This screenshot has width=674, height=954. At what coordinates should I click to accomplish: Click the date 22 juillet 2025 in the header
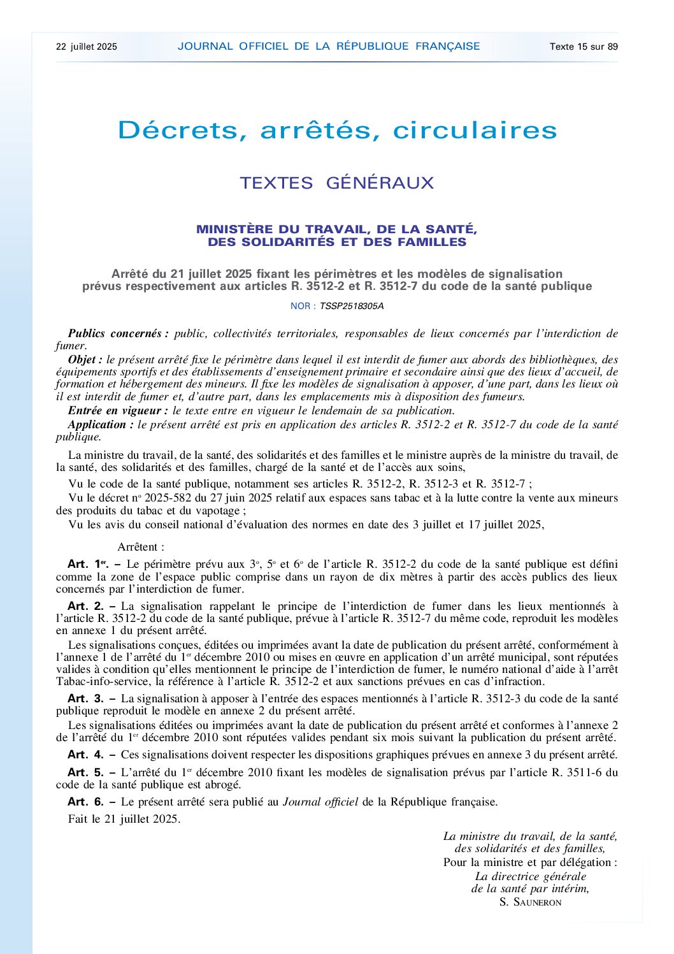pos(87,47)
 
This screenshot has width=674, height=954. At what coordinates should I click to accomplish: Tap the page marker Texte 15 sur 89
pos(584,47)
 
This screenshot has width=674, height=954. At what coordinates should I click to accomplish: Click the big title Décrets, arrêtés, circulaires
pos(337,130)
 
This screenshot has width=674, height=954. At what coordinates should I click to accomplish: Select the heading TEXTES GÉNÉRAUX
pos(337,183)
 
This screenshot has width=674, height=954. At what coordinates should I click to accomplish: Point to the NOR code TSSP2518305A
pos(352,306)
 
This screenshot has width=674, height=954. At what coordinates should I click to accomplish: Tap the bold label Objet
pos(85,359)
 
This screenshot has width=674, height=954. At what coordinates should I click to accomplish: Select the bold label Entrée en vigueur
pos(118,411)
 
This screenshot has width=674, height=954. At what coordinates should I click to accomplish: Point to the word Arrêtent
pos(141,547)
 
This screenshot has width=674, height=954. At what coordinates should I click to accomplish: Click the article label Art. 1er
pos(88,564)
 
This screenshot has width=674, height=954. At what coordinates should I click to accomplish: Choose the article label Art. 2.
pos(85,606)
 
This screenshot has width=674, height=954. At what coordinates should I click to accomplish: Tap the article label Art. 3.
pos(85,698)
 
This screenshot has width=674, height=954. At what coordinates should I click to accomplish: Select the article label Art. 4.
pos(85,755)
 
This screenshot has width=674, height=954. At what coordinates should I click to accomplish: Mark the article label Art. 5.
pos(85,772)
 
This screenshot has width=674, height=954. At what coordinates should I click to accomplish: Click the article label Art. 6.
pos(85,802)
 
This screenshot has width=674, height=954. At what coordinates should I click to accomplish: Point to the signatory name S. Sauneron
pos(530,902)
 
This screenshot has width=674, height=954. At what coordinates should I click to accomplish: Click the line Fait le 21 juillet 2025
pos(124,819)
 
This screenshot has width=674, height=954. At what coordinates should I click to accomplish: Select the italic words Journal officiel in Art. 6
pos(320,802)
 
